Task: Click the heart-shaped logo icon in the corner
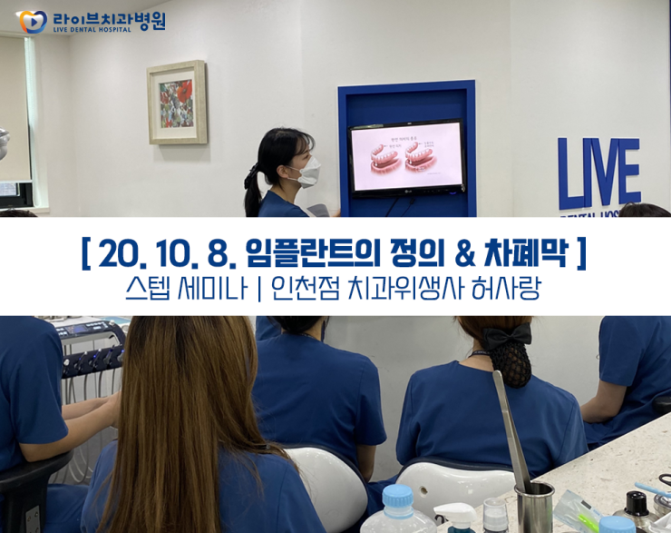(31, 22)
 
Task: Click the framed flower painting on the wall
(177, 102)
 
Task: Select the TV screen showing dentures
(406, 156)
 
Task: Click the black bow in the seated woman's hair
(506, 337)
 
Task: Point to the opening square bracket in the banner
(85, 253)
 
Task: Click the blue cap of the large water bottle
(398, 495)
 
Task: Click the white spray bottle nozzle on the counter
(453, 514)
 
